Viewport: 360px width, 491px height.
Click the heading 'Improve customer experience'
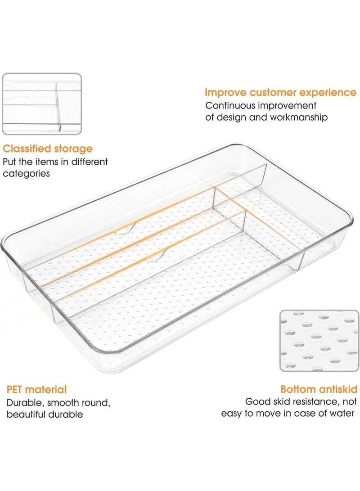(x=280, y=93)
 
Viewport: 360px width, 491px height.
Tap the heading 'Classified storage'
(x=48, y=149)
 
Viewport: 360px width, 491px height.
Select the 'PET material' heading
(x=36, y=390)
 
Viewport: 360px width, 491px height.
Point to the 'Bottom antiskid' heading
(x=319, y=389)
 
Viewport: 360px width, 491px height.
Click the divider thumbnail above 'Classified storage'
(x=42, y=104)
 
